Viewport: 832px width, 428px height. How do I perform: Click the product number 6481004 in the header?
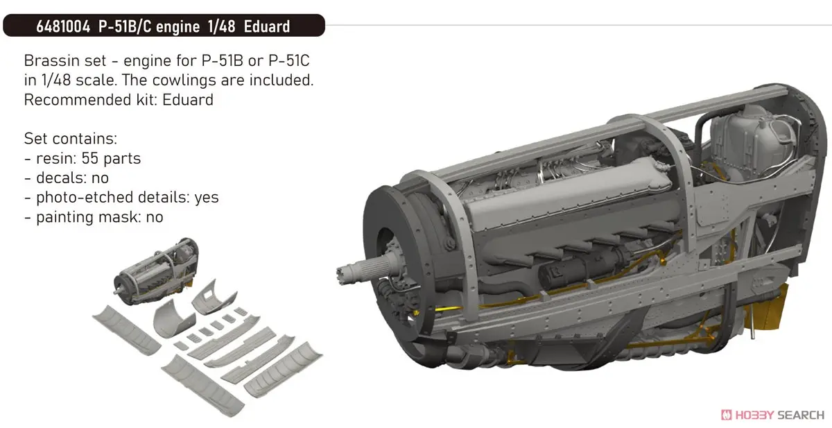click(63, 27)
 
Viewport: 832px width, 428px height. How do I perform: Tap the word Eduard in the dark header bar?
click(267, 27)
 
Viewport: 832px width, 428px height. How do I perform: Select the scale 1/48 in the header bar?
click(221, 27)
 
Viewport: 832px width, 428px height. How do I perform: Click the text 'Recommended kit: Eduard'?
click(119, 100)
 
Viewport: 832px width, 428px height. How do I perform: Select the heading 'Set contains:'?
click(71, 139)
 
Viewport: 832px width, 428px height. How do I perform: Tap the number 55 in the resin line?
click(90, 158)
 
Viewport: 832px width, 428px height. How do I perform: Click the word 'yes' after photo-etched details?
click(207, 198)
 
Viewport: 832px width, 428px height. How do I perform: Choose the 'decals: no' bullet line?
click(67, 178)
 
